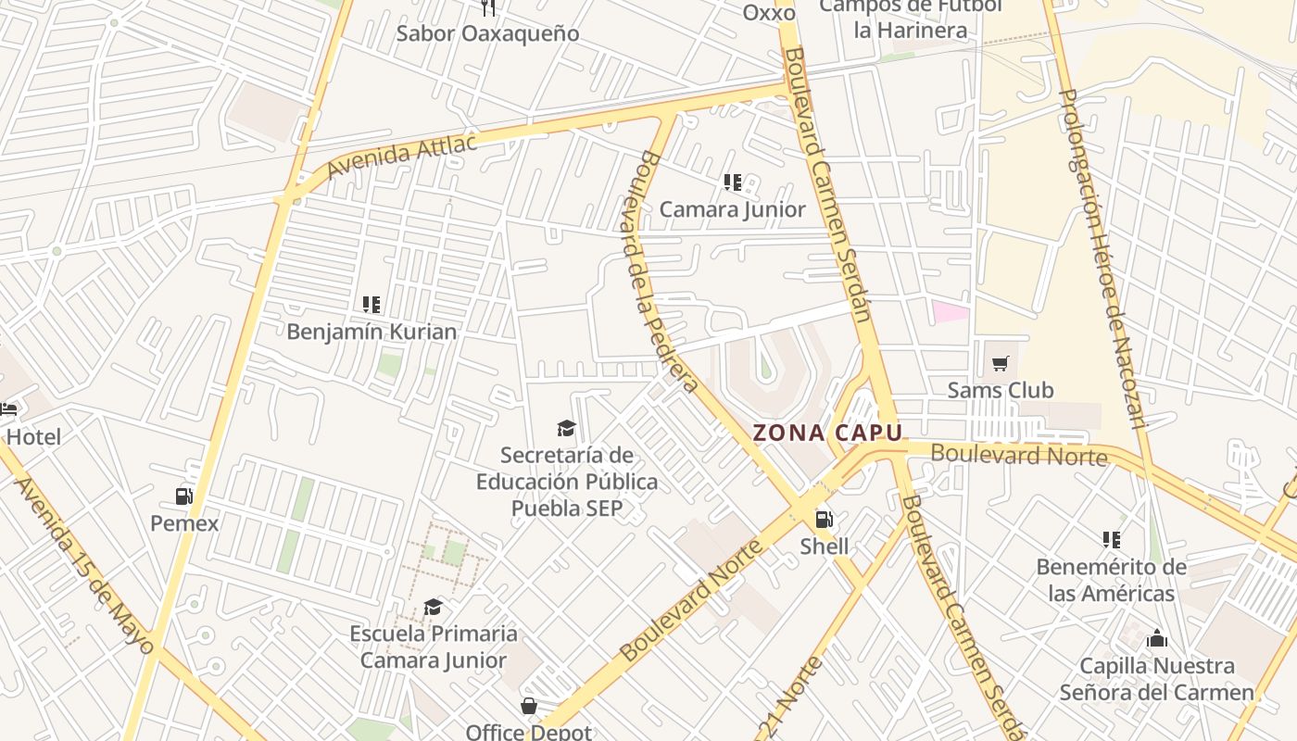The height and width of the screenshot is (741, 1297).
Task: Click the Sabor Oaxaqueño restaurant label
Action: [x=487, y=33]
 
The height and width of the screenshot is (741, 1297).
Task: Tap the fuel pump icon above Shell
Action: [x=823, y=520]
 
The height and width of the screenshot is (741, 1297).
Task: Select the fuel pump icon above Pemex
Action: [x=184, y=496]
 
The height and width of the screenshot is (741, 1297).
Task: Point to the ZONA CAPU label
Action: [x=827, y=433]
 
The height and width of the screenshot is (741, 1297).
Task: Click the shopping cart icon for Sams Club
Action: [x=1000, y=363]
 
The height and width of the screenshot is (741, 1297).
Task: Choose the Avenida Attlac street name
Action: [x=402, y=156]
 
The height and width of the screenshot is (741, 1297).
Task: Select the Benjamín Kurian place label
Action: [x=371, y=332]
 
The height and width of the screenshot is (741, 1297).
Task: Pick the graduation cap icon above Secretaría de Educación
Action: [x=566, y=428]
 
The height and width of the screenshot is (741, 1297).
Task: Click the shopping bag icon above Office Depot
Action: [x=528, y=707]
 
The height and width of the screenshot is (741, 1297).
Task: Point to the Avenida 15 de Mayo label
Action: [x=83, y=565]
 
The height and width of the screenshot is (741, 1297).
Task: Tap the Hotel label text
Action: [x=34, y=437]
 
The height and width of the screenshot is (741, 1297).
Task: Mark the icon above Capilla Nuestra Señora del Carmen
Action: [x=1156, y=639]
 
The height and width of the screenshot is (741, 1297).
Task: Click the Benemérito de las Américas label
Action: [x=1111, y=580]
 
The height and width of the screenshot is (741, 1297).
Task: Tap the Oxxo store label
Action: [x=769, y=13]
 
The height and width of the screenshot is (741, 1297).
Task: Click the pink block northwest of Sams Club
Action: [x=951, y=312]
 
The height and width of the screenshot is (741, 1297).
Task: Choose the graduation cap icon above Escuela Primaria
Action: [x=433, y=608]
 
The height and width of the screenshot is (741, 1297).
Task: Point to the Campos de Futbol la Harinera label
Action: [x=911, y=19]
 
